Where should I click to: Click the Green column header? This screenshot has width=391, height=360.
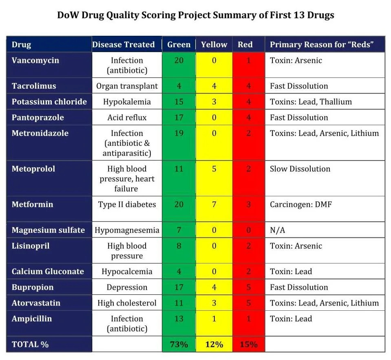pos(179,44)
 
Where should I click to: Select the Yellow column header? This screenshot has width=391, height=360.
pos(214,44)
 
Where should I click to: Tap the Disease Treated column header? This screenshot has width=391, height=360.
pos(124,44)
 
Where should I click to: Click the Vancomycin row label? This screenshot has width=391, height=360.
pos(35,60)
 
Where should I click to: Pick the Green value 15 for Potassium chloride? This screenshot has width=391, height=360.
pos(179,102)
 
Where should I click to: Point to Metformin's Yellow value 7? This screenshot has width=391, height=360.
pos(214,204)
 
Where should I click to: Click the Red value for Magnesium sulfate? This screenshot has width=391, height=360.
pos(248,230)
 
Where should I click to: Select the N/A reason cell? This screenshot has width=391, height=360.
pos(277,230)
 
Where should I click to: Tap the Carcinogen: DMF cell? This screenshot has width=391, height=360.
pos(301,204)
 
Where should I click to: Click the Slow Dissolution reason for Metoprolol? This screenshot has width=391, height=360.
pos(300,169)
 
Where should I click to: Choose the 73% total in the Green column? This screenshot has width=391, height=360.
pos(179,344)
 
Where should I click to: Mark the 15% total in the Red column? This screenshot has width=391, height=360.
pos(248,344)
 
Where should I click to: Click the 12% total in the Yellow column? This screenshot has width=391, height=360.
pos(214,344)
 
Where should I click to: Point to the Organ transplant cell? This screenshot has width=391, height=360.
pos(127,86)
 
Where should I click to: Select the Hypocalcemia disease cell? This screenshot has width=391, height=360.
pos(127,271)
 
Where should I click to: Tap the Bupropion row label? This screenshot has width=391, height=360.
pos(33,287)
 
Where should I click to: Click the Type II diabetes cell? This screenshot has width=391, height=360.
pos(127,204)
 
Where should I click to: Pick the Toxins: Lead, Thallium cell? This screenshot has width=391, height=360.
pos(311,102)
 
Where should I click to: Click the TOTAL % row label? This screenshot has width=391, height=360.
pos(30,344)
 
